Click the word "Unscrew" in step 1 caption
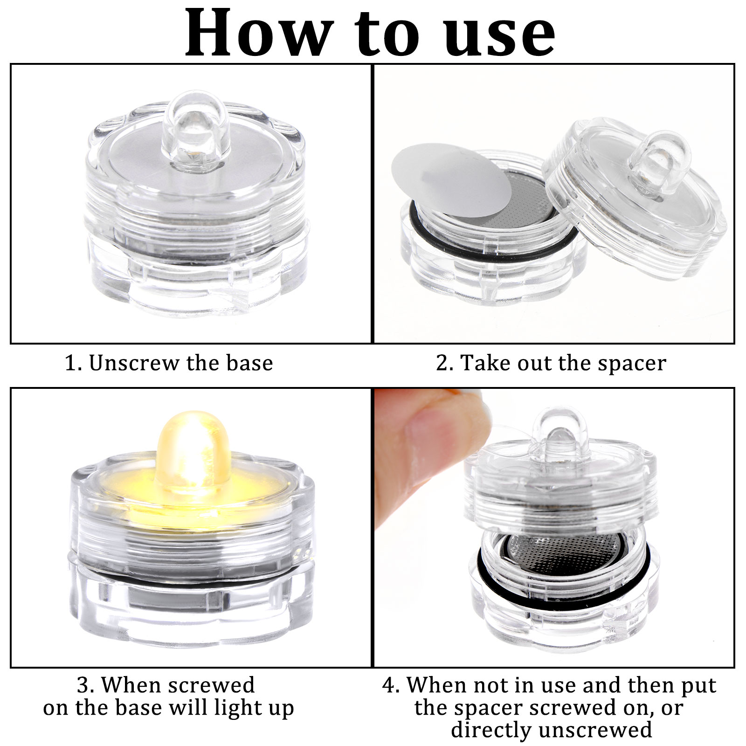pyautogui.click(x=134, y=363)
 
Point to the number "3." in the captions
pyautogui.click(x=86, y=685)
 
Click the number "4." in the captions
pyautogui.click(x=391, y=685)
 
